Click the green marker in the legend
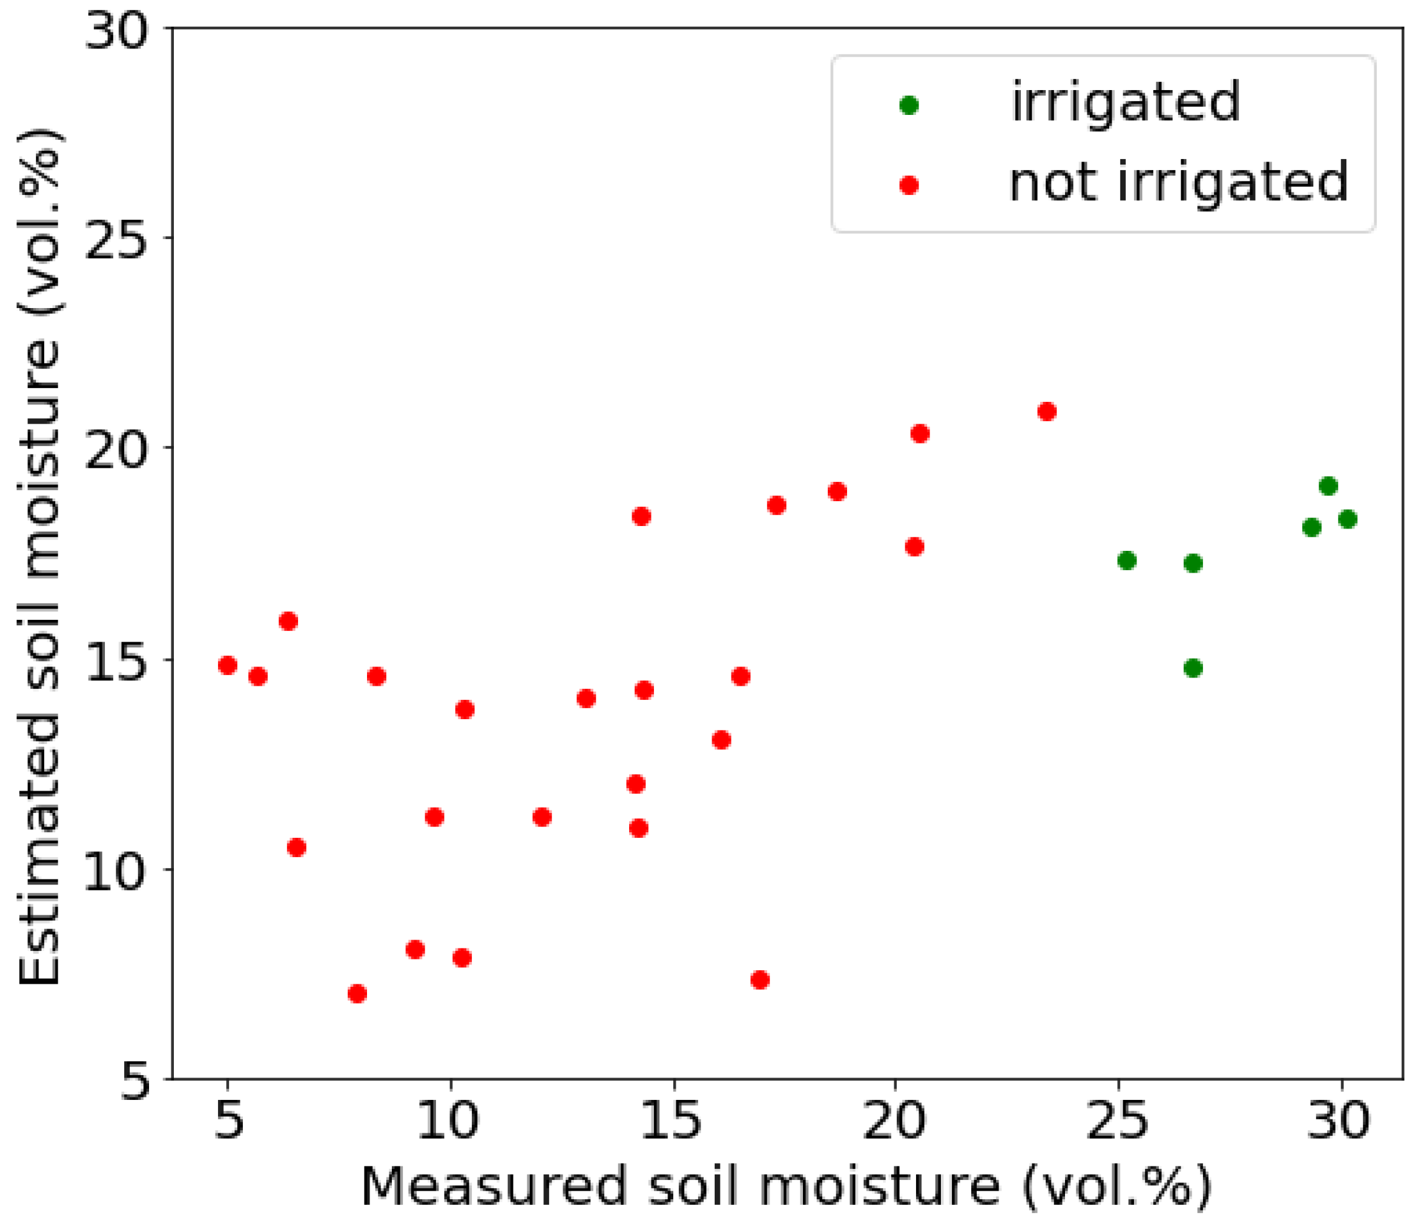909,105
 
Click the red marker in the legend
909,185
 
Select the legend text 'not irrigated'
1178,183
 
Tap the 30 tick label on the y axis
116,30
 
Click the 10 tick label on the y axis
116,871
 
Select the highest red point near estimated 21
1046,412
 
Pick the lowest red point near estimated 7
357,993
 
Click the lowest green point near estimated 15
1193,668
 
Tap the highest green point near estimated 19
1328,486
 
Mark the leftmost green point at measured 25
1127,560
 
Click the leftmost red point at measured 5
227,665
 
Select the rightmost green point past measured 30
1347,519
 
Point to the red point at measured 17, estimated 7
759,980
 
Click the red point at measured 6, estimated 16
288,621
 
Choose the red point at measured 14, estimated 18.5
641,516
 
